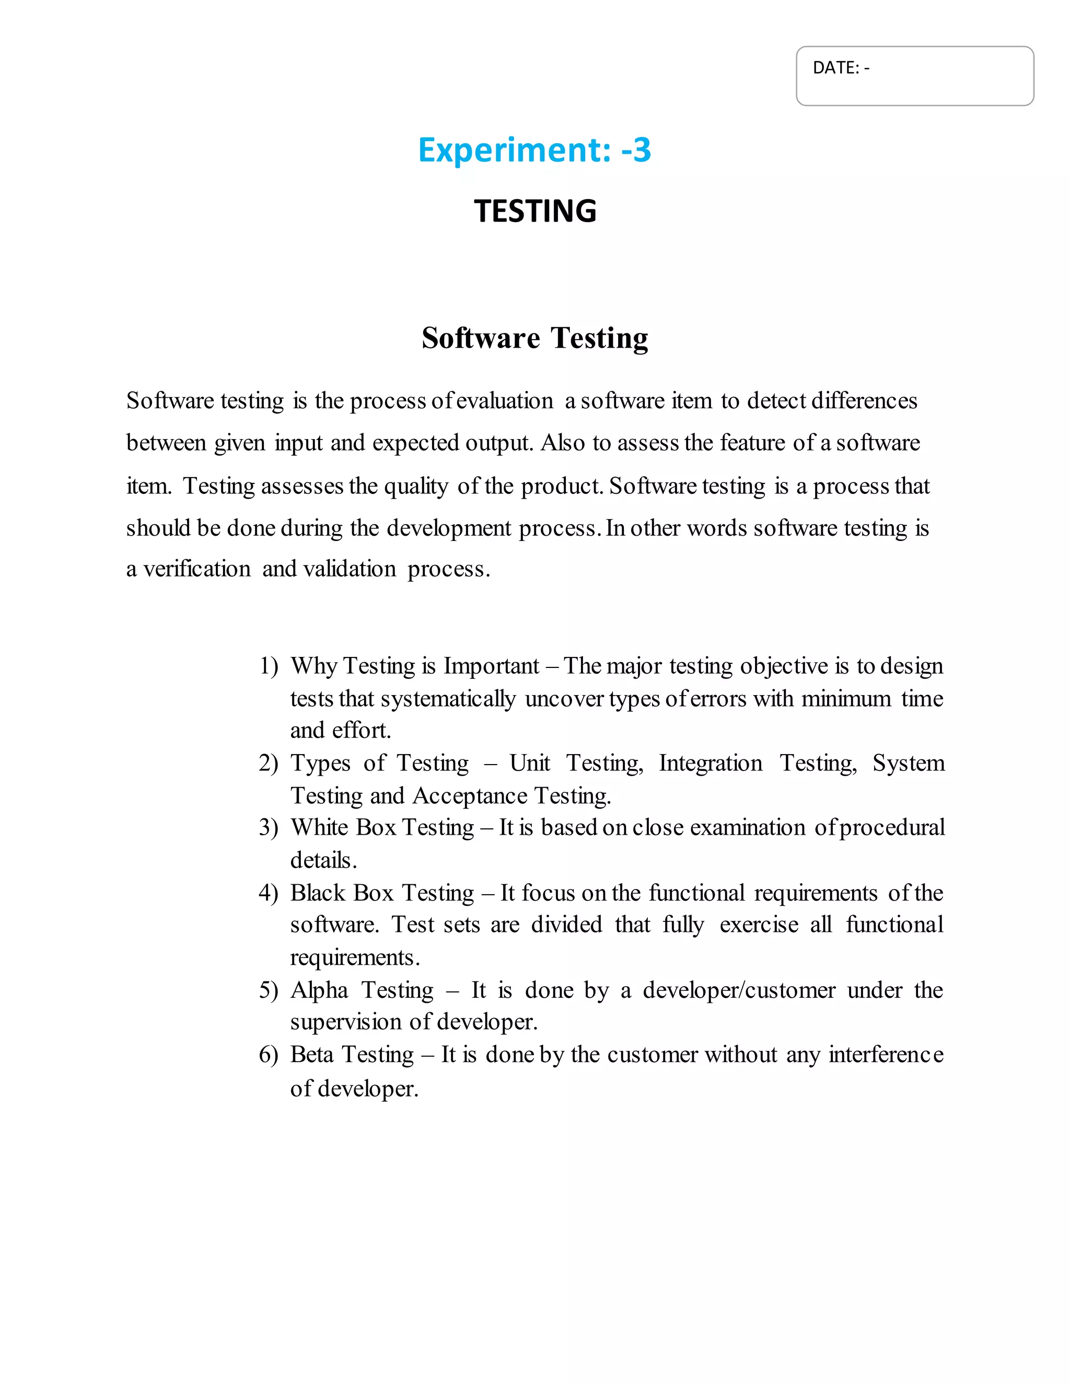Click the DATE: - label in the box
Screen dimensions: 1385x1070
pos(841,68)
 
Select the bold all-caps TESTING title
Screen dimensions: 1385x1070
pos(535,211)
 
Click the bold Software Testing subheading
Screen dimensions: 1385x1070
pos(535,338)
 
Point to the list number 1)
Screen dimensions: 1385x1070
pos(269,666)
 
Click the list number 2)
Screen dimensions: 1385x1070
pos(269,764)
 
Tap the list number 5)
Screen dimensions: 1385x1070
pos(269,990)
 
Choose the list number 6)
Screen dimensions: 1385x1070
pos(269,1055)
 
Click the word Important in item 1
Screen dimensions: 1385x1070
pos(491,666)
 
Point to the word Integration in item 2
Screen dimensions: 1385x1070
pos(711,764)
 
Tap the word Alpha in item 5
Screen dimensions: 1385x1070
pos(319,990)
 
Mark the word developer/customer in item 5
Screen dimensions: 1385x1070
pos(739,990)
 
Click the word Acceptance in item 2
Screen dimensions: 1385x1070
pos(470,797)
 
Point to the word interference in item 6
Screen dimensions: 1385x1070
pos(886,1055)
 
